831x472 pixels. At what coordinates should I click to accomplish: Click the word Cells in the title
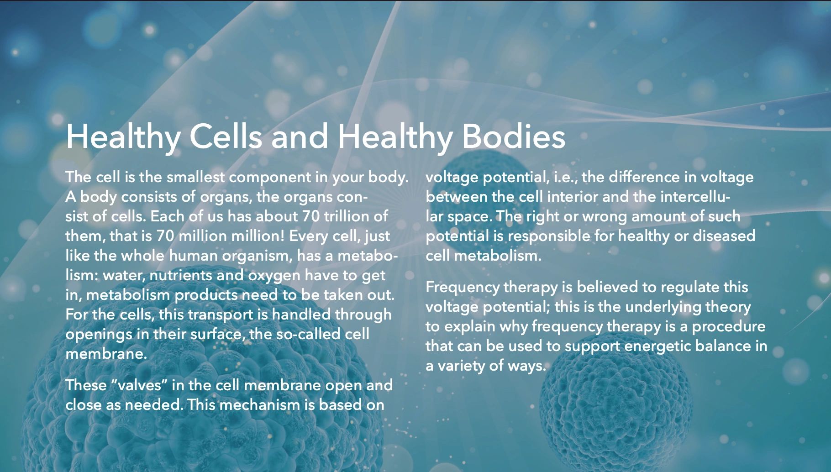pos(226,136)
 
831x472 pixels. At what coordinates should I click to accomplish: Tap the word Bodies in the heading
pos(514,136)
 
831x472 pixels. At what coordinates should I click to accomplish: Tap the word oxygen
pos(274,276)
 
